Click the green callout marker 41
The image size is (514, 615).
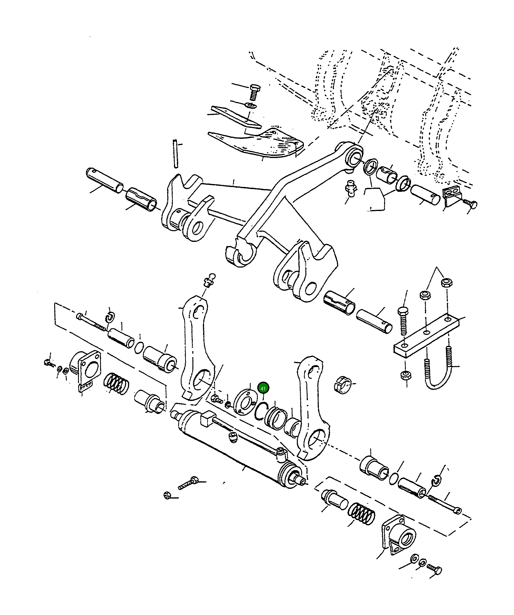click(263, 389)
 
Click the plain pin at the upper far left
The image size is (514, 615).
click(105, 180)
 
